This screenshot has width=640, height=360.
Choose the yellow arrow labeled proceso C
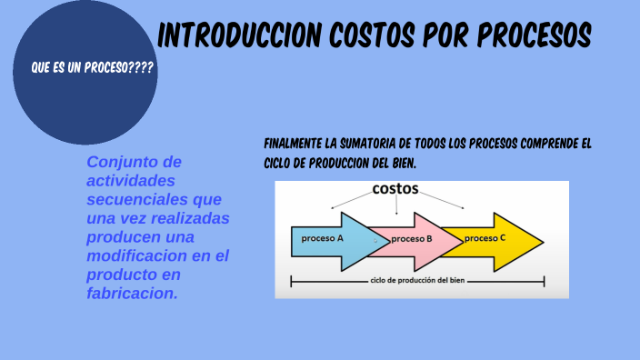(x=495, y=239)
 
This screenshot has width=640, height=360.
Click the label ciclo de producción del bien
(x=417, y=281)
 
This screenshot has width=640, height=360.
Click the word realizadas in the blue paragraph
(x=188, y=218)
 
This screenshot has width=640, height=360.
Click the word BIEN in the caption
(x=400, y=164)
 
